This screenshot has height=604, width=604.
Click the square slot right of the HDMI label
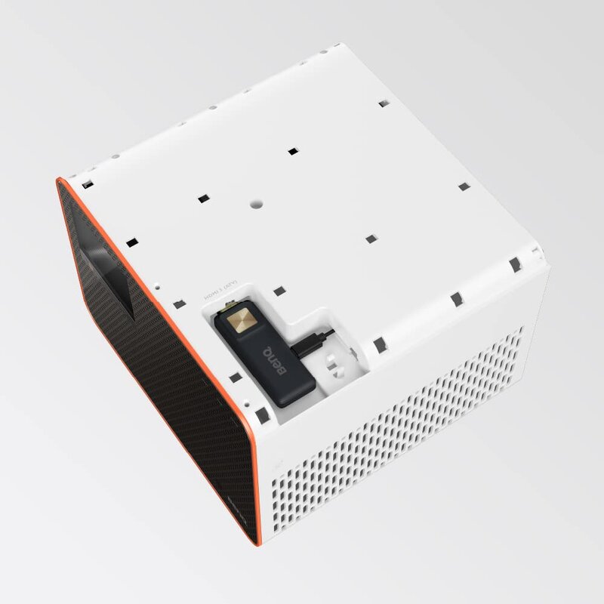(279, 289)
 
